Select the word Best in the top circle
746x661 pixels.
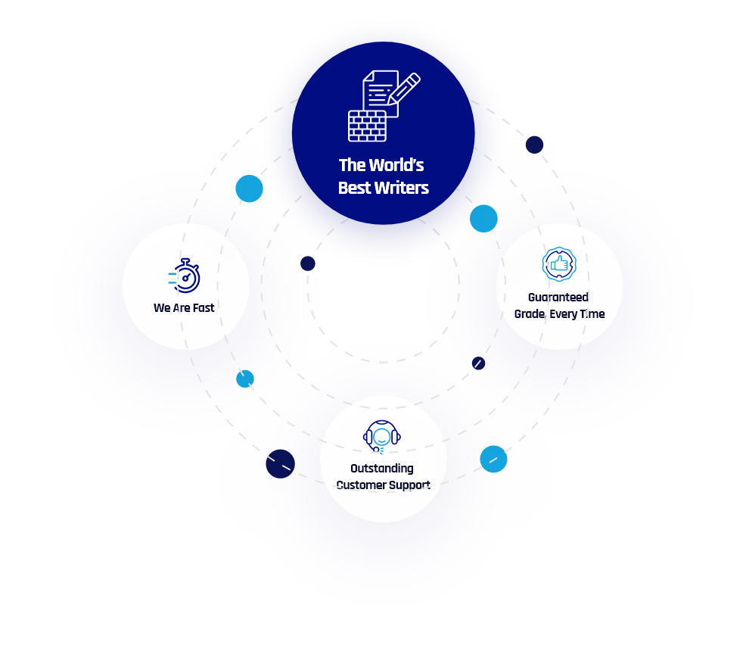pyautogui.click(x=353, y=188)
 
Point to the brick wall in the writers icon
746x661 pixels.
pyautogui.click(x=367, y=126)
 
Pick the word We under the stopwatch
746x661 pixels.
pyautogui.click(x=161, y=308)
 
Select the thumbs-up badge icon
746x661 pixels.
pyautogui.click(x=559, y=264)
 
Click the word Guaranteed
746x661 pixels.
pyautogui.click(x=558, y=298)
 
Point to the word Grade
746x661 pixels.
pyautogui.click(x=530, y=314)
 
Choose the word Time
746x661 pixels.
pyautogui.click(x=592, y=314)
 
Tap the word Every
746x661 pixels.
pyautogui.click(x=564, y=314)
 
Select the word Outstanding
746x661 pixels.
pyautogui.click(x=382, y=469)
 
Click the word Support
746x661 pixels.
pyautogui.click(x=409, y=485)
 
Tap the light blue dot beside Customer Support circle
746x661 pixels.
pyautogui.click(x=493, y=459)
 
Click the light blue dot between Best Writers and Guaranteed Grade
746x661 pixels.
pyautogui.click(x=483, y=219)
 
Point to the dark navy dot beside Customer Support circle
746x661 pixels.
pyautogui.click(x=281, y=464)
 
